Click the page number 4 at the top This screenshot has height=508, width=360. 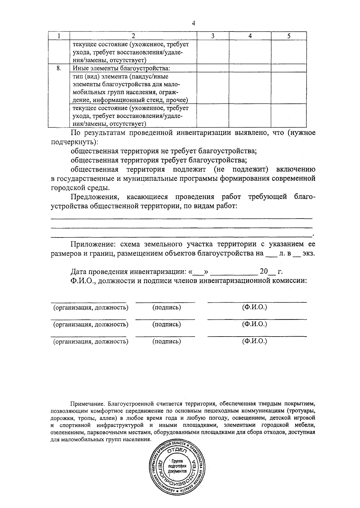(193, 23)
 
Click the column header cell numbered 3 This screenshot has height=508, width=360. (212, 36)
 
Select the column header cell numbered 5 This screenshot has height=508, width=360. (289, 36)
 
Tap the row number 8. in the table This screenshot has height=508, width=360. (59, 68)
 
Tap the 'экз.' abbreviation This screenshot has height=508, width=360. (309, 253)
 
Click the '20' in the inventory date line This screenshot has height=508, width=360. (263, 272)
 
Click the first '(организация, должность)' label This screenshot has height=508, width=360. (91, 307)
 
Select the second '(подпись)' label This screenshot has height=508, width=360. (166, 324)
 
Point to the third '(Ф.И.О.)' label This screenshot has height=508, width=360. (254, 341)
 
